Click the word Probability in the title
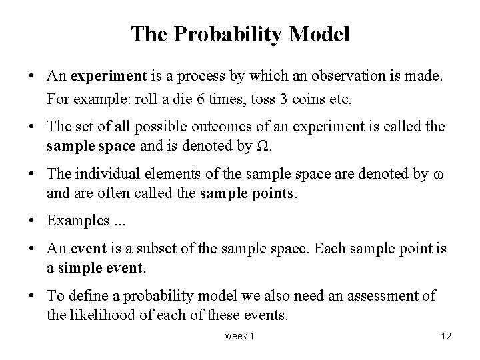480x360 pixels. point(245,34)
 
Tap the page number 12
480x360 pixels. point(446,337)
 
